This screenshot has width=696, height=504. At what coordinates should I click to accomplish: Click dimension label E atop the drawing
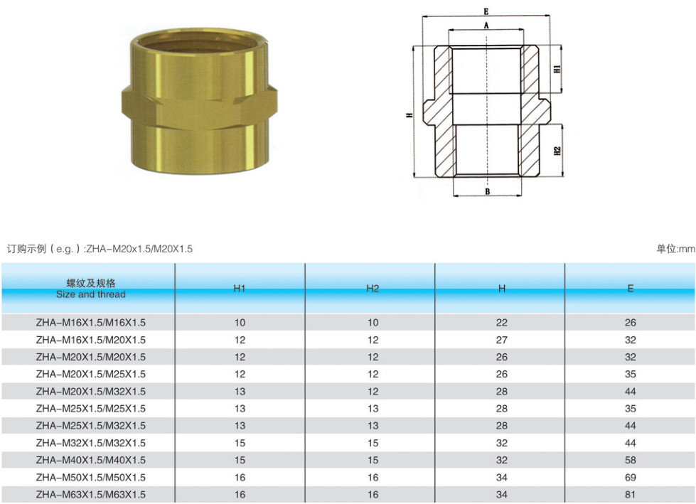[x=486, y=11]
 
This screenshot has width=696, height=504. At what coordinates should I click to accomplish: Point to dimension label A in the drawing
[x=486, y=26]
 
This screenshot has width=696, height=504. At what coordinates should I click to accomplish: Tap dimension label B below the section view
[x=488, y=192]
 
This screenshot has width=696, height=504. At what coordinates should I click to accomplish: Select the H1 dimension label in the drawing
[x=557, y=69]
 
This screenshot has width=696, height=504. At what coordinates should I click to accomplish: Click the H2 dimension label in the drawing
[x=557, y=151]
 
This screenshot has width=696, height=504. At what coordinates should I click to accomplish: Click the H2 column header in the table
[x=373, y=289]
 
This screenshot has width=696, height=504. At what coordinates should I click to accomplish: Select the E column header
[x=631, y=289]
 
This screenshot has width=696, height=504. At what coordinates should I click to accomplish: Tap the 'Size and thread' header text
[x=90, y=294]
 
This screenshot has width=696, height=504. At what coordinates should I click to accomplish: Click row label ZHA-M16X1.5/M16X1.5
[x=90, y=323]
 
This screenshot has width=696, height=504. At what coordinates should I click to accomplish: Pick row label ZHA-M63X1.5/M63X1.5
[x=90, y=495]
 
